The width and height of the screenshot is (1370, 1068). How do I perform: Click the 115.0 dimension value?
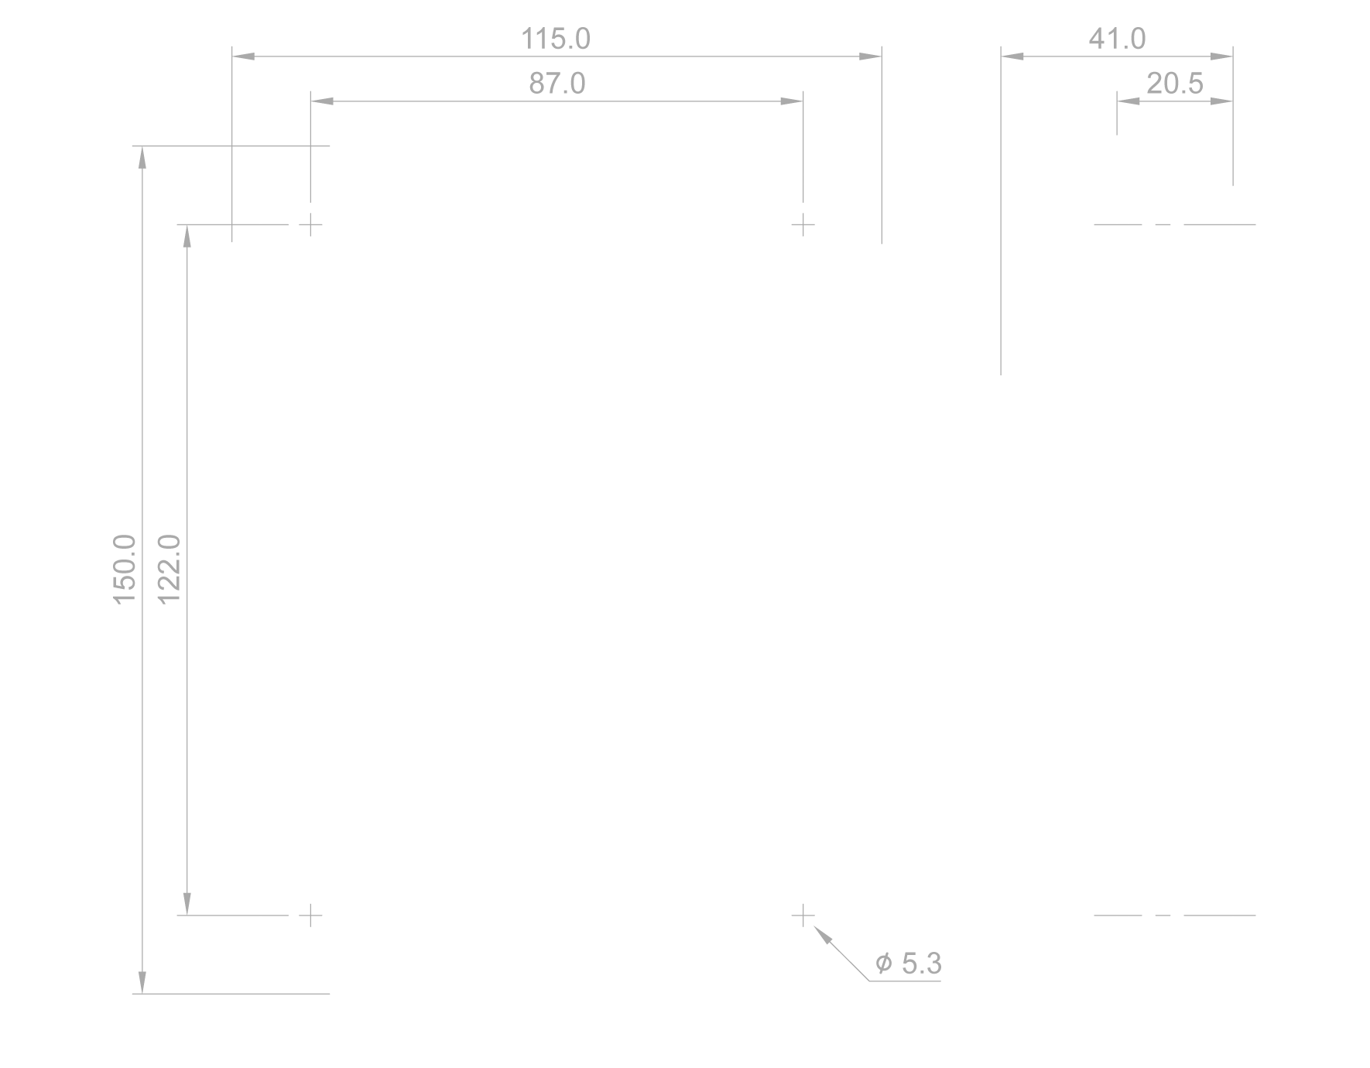[x=556, y=39]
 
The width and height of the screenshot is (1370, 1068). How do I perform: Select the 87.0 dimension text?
[x=557, y=84]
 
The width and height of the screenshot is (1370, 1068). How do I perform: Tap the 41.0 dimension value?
[x=1117, y=39]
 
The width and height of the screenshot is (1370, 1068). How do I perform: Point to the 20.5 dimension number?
[x=1175, y=84]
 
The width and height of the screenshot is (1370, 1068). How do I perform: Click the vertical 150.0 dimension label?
[x=125, y=570]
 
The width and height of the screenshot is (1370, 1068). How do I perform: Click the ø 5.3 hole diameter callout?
[x=909, y=964]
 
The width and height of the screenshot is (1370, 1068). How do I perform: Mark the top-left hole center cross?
[x=310, y=225]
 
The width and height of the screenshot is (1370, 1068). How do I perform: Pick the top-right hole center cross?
[x=803, y=225]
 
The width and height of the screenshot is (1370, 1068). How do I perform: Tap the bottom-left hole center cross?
[x=310, y=916]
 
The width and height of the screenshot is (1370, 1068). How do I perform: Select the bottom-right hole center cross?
[x=803, y=916]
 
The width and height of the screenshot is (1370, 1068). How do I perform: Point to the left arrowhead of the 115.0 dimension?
[x=244, y=56]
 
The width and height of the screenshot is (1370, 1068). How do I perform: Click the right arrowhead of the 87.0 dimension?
[x=792, y=101]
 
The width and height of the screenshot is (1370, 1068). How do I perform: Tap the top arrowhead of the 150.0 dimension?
[x=142, y=157]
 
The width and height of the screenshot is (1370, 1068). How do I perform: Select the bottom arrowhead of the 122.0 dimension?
[x=187, y=904]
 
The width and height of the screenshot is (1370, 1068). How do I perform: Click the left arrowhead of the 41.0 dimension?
[x=1012, y=56]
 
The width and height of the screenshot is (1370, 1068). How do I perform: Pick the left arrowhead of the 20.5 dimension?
[x=1129, y=101]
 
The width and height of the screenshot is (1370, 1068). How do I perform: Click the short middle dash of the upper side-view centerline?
[x=1163, y=225]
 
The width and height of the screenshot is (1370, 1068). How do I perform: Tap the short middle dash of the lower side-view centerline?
[x=1163, y=916]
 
